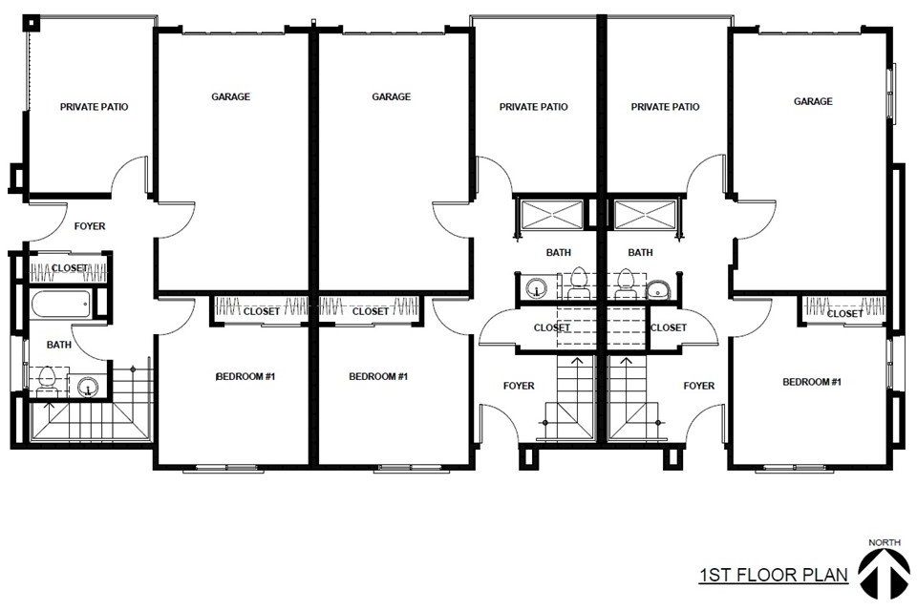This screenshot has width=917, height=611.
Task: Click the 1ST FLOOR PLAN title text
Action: coord(774,575)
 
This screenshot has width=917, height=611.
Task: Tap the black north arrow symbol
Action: coord(884,574)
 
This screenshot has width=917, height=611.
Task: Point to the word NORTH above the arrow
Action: coord(885,542)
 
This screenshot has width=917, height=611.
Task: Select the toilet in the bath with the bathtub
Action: coord(46,381)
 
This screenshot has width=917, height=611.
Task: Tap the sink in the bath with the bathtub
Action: coord(88,387)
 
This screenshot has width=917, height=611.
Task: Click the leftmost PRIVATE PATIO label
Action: coord(95,107)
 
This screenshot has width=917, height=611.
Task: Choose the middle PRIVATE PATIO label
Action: coord(533,107)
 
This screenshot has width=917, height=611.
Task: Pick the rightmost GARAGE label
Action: coord(813,101)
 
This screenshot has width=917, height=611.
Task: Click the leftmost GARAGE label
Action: coord(230,96)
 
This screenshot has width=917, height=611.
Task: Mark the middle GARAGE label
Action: coord(392,96)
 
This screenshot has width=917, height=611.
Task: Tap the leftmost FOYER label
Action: coord(90,226)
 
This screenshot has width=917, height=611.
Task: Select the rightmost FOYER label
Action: coord(699,386)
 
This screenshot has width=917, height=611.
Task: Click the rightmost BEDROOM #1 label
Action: coord(812,382)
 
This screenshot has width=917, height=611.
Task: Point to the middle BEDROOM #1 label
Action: coord(378,376)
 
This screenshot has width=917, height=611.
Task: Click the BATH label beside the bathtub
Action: coord(59,345)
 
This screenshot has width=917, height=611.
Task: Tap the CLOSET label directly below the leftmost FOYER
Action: coord(70,267)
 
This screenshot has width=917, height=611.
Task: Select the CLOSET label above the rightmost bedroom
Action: coord(844,314)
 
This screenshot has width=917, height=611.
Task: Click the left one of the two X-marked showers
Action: coord(552,215)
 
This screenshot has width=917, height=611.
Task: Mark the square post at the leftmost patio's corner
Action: coord(31,23)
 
